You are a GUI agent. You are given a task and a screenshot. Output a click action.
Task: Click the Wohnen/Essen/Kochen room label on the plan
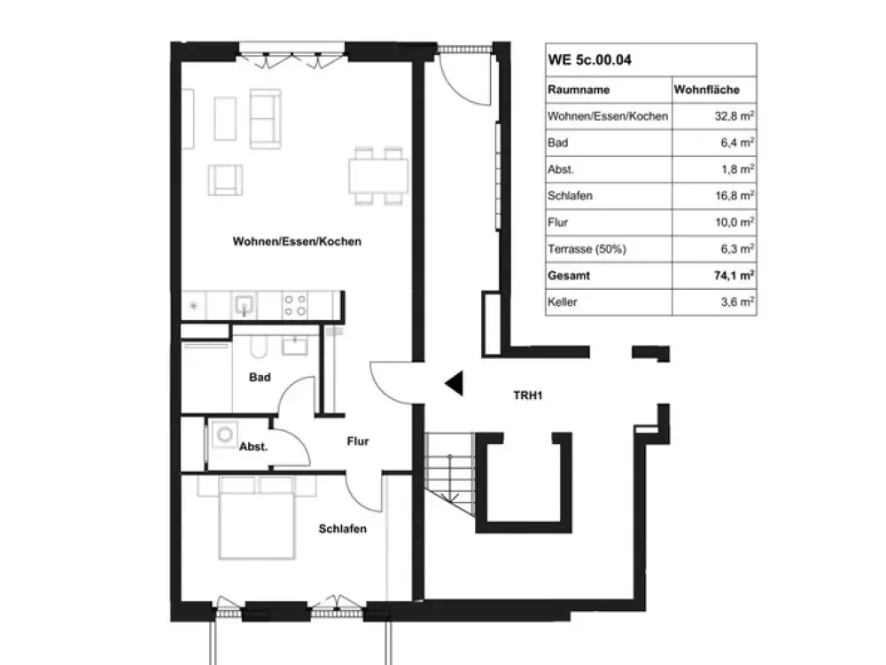(297, 241)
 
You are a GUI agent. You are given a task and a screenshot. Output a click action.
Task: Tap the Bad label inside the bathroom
(260, 377)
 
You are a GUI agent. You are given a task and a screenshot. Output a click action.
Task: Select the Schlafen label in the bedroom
(342, 528)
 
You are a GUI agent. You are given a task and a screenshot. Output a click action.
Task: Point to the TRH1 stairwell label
(528, 395)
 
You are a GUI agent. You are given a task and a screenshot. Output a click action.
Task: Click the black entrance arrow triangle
(455, 383)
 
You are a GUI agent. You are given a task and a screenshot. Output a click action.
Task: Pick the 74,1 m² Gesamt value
(734, 276)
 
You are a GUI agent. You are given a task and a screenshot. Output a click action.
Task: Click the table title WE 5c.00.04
(589, 60)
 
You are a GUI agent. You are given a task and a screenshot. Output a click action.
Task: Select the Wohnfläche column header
(706, 90)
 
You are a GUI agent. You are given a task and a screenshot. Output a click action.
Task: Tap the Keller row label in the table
(563, 302)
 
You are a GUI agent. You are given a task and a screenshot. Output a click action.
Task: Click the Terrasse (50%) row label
(587, 249)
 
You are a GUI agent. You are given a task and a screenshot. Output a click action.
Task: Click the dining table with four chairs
(378, 176)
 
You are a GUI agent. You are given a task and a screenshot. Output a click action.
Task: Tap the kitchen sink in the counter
(245, 306)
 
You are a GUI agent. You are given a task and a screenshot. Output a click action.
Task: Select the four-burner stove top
(295, 305)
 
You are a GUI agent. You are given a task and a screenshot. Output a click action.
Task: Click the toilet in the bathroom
(258, 347)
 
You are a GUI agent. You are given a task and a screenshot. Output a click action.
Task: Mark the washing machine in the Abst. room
(224, 434)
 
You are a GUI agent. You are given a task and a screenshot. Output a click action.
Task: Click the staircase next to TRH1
(450, 473)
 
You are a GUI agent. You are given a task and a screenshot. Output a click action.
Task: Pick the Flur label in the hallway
(358, 441)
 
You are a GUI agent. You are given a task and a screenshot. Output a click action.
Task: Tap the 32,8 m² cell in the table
(734, 116)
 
